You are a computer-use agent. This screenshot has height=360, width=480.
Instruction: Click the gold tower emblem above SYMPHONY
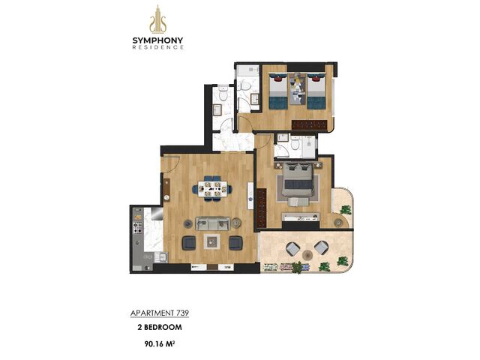coord(158,19)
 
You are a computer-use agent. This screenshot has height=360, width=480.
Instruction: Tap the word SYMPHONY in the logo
coord(158,40)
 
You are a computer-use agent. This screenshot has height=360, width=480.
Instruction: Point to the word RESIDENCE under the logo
coord(158,47)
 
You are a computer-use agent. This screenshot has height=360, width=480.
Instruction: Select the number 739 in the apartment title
coord(182,313)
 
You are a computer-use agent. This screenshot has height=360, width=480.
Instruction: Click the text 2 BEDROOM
coord(160,327)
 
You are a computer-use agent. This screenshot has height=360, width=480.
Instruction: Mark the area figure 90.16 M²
coord(160,343)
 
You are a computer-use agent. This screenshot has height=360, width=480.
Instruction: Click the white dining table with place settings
coord(212,189)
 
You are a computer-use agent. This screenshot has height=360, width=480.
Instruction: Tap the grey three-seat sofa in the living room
coord(213,223)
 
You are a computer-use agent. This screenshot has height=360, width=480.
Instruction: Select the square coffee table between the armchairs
coord(212,241)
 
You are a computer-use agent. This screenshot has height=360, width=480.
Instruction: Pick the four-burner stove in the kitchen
coord(137,227)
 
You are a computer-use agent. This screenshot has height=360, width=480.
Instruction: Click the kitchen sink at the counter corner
coord(160,257)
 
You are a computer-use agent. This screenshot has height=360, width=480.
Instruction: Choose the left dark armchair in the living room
coord(189,243)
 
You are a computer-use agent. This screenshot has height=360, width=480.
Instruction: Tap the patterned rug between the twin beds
coord(298,88)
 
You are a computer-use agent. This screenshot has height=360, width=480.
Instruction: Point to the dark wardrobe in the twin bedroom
coord(310,124)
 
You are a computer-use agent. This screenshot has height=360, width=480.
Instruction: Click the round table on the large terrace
coord(307,255)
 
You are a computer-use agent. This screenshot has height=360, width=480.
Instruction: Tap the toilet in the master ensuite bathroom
coord(295,143)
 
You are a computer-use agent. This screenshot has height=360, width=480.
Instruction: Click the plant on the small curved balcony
coord(346,210)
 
